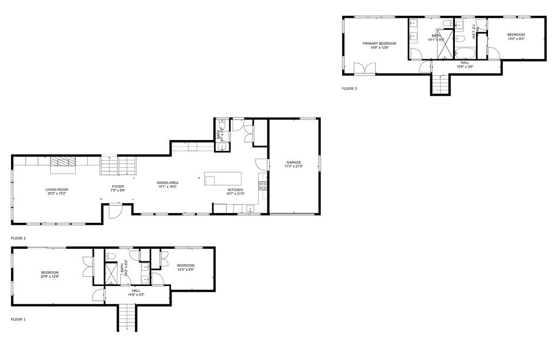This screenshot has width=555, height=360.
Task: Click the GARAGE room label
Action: (294, 162)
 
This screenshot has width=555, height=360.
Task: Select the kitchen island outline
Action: (223, 179)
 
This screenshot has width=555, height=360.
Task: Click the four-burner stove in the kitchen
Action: (263, 185)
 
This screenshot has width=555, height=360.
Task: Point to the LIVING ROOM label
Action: (57, 190)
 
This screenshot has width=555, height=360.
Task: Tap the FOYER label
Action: (118, 187)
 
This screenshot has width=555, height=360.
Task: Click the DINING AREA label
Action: (168, 183)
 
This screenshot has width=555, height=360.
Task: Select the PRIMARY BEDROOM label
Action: (380, 43)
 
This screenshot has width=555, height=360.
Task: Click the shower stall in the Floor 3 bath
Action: (446, 48)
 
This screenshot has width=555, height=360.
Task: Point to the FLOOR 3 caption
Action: (349, 88)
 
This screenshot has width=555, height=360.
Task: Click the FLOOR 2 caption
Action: (18, 238)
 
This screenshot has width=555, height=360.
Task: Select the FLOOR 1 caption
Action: (18, 319)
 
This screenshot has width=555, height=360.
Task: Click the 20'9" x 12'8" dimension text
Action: (50, 277)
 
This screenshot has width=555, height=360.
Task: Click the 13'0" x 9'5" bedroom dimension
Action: (516, 39)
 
